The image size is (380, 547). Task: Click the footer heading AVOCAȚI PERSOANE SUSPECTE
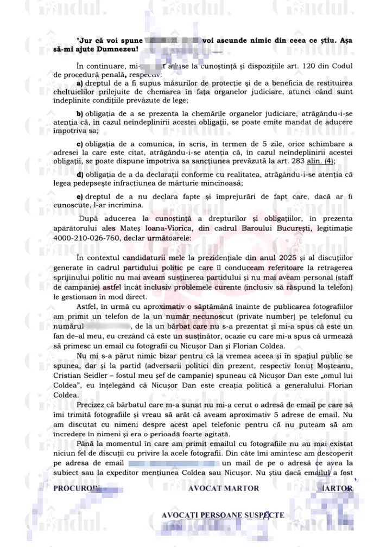pyautogui.click(x=223, y=514)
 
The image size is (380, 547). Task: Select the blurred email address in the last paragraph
pyautogui.click(x=173, y=463)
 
